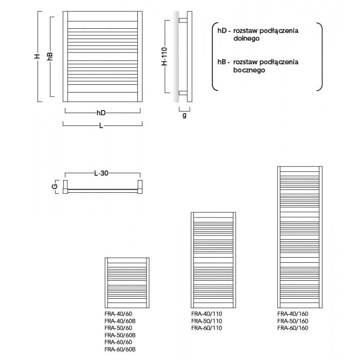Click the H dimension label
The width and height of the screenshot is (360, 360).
pos(37,56)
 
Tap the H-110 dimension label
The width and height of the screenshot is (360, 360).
pos(165,56)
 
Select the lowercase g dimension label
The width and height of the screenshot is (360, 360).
pos(184,115)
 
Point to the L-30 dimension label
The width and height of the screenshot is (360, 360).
pos(101,173)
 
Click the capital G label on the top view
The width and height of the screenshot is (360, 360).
pos(55,186)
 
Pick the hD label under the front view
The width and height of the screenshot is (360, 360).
pos(101,113)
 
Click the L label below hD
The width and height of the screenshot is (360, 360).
pos(101,125)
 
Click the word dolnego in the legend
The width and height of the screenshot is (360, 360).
pos(246,39)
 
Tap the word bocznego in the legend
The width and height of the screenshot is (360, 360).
pos(249,70)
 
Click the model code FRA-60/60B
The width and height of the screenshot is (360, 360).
pos(120,349)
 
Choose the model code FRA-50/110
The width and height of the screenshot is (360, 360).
pos(207,321)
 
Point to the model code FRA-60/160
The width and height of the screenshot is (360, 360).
pos(293,328)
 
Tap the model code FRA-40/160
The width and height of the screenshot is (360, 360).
pos(293,314)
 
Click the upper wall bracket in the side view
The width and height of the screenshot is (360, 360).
pos(183,21)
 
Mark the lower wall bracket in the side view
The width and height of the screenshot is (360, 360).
pos(183,93)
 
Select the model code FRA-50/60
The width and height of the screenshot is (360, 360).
pos(118,328)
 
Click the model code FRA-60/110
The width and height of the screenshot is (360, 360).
pos(207,328)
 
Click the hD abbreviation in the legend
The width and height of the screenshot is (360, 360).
pos(222,30)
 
